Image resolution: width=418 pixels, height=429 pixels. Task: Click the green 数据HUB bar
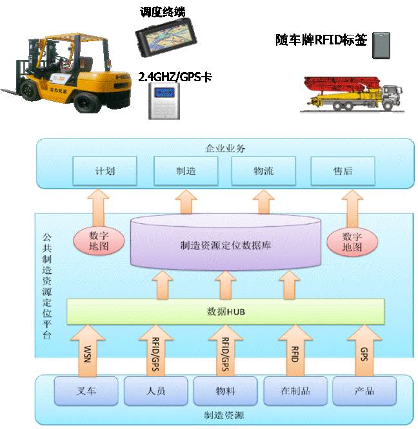[x=226, y=312]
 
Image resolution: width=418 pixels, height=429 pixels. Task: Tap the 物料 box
[x=226, y=391]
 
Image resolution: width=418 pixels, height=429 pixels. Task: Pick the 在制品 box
[x=296, y=391]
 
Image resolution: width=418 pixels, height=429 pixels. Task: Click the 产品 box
[x=365, y=391]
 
